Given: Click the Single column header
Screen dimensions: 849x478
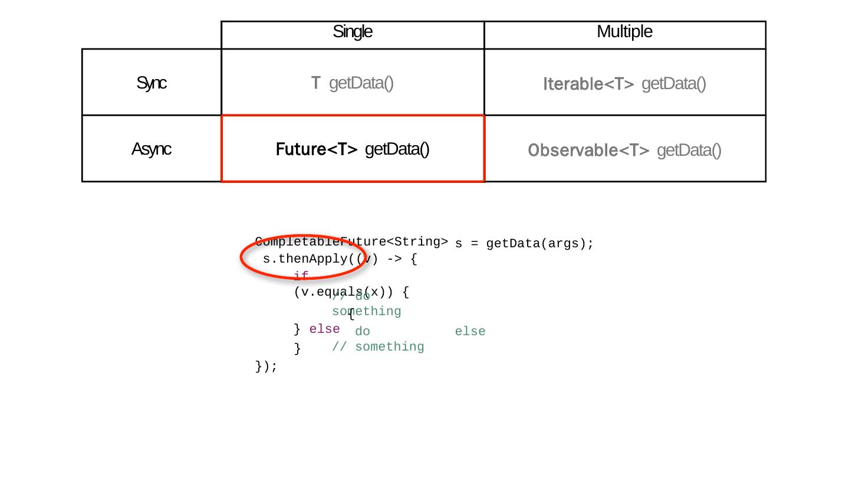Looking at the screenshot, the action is [x=353, y=32].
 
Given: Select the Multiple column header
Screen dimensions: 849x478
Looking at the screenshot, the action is [x=624, y=32].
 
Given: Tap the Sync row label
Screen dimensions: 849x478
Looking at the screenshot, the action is [x=152, y=83].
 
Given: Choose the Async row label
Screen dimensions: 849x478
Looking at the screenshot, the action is [x=152, y=149].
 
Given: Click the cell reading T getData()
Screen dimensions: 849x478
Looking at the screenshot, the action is [x=353, y=83].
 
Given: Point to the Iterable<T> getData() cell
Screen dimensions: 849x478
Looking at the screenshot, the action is [x=624, y=84].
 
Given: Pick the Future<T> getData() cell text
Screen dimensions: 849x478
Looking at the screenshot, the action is [x=353, y=149].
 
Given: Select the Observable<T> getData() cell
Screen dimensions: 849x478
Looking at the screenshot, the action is [x=624, y=150].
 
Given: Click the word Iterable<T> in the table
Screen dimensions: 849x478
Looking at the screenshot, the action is [x=588, y=84].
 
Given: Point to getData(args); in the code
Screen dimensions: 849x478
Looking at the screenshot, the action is [x=540, y=244].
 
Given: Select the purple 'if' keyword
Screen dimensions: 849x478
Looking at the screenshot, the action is [x=301, y=276].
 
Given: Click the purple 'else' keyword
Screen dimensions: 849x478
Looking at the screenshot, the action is [x=324, y=329].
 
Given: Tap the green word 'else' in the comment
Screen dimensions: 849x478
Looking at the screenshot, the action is [x=470, y=332].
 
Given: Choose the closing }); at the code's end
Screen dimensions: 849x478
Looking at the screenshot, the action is [x=266, y=366].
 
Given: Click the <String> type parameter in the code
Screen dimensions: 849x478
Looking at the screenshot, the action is [x=417, y=241].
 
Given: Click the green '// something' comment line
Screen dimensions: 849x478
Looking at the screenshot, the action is [x=378, y=347].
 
